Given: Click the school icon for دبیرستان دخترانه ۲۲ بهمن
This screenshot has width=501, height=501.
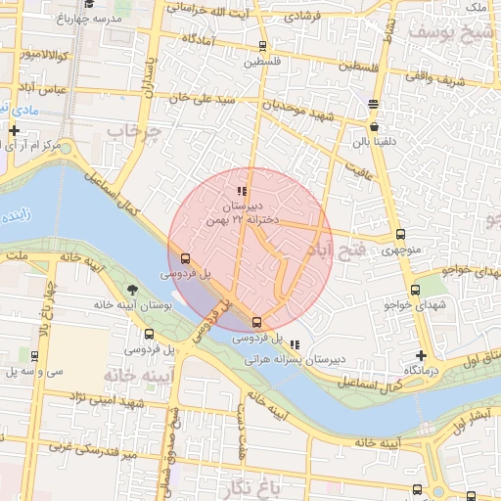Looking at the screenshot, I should pos(242,191).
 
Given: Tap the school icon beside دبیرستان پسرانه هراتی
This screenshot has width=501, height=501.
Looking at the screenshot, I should pos(296,342).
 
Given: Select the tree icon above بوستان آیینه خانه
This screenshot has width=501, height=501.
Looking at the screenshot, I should pos(132,288).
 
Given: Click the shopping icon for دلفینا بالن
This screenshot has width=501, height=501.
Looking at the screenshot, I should pos(374,125).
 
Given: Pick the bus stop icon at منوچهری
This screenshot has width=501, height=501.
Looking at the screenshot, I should pos(400,235).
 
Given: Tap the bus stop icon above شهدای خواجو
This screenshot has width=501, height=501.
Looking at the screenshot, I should pos(416,290).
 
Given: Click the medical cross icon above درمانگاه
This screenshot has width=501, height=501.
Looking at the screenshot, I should pos(421,355).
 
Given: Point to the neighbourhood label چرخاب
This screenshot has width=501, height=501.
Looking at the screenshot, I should pos(133,130).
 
